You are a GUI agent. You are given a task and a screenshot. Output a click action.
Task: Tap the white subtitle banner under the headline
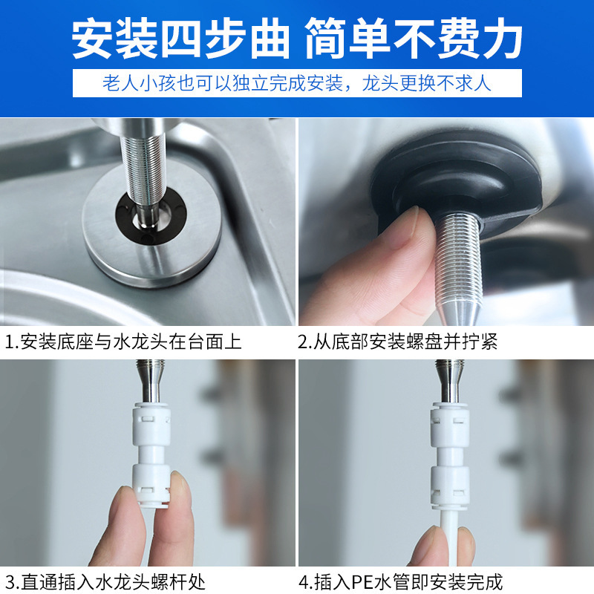pyautogui.click(x=297, y=82)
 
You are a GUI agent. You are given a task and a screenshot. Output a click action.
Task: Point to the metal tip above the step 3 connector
pyautogui.click(x=149, y=379)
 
